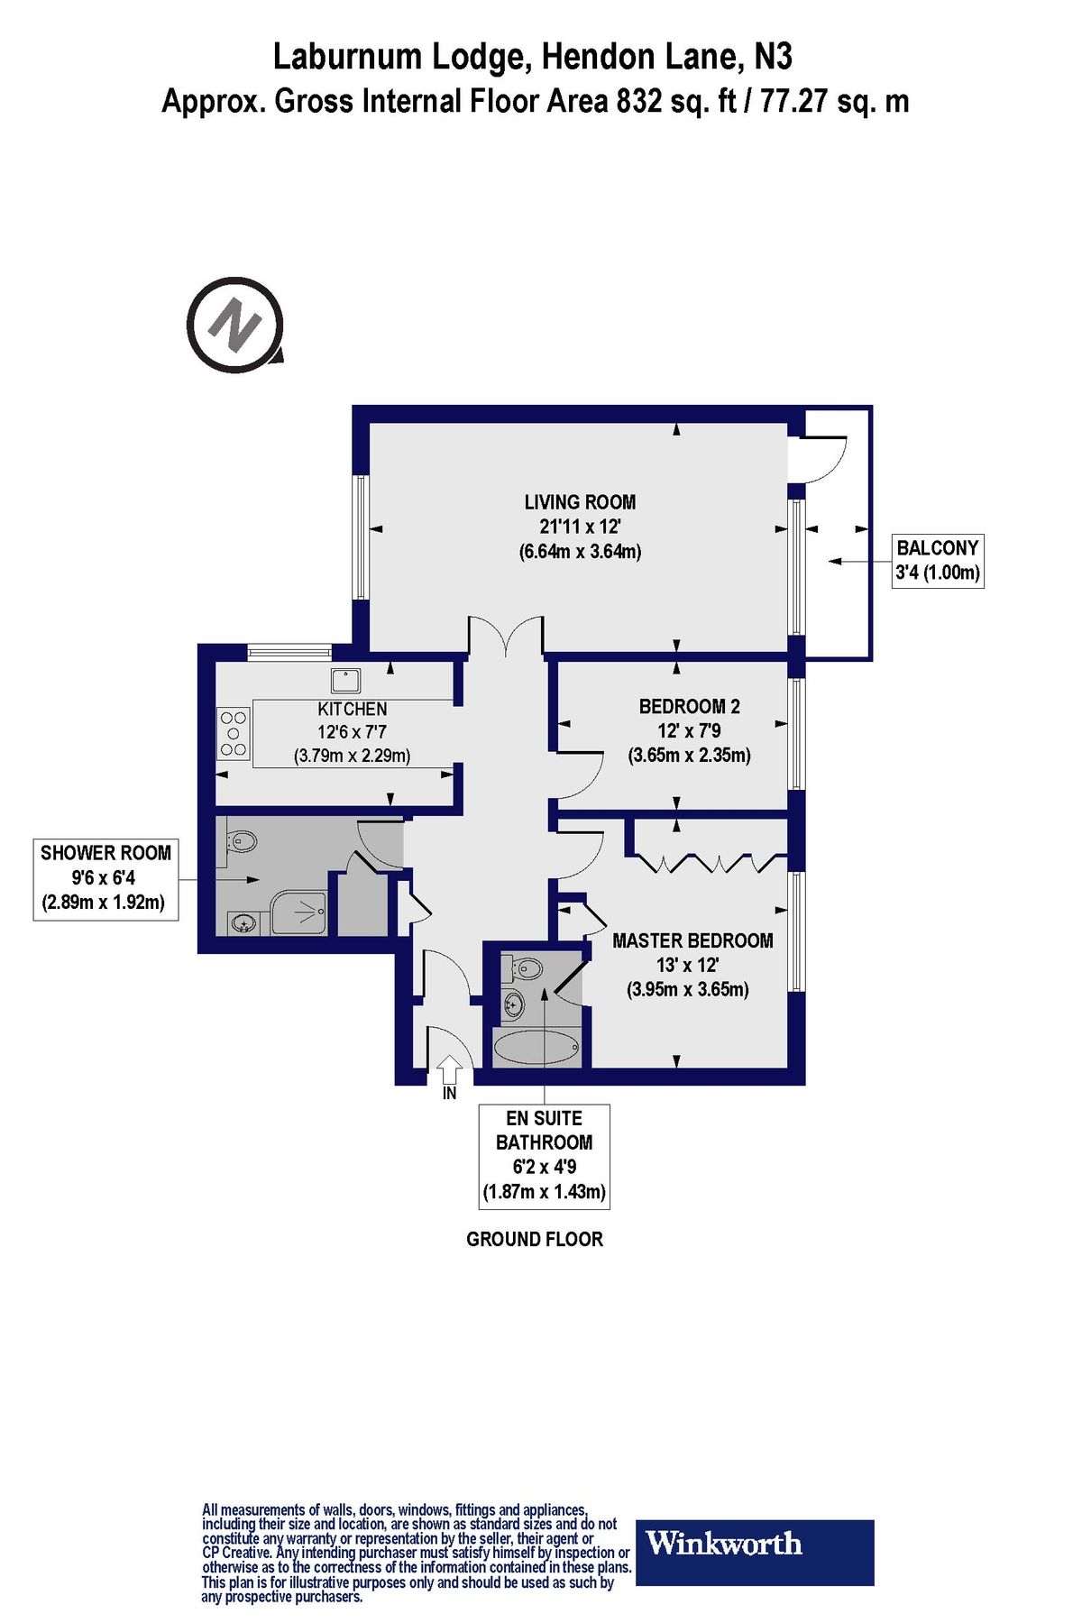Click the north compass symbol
click(235, 325)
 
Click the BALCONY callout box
click(937, 560)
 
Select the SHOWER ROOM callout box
click(105, 877)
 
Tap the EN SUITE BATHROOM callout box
click(544, 1155)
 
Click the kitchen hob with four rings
click(234, 733)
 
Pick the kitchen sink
click(345, 680)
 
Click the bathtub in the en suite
click(536, 1048)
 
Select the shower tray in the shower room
click(299, 912)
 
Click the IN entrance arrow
click(450, 1069)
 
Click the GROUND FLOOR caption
click(534, 1240)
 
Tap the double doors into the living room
click(505, 635)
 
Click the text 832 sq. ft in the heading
click(676, 101)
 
